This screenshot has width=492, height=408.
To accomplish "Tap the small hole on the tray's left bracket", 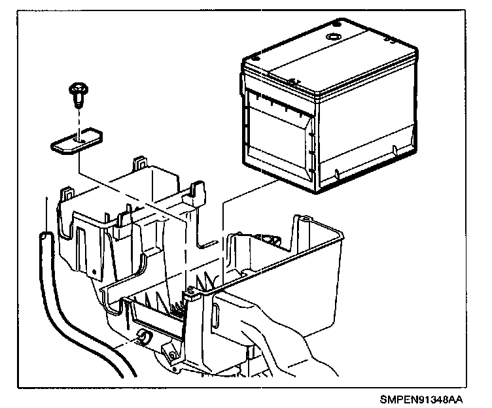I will [x=96, y=270].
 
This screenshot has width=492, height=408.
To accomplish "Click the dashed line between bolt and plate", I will [x=78, y=122].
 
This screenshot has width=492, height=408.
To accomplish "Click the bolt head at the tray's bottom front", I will [x=172, y=354].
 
